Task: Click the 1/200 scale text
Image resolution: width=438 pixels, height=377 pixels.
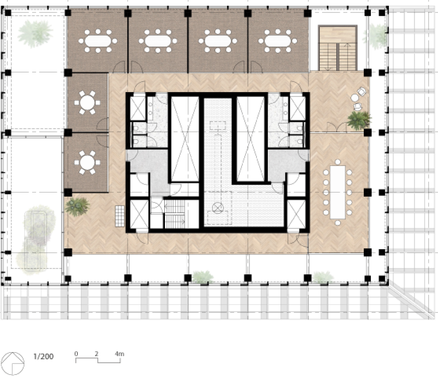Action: click(x=43, y=357)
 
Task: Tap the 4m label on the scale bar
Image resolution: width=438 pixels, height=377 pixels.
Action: click(x=119, y=354)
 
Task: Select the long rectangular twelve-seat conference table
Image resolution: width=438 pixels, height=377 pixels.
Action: click(x=338, y=192)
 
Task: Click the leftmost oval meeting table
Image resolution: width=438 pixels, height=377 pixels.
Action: click(x=98, y=41)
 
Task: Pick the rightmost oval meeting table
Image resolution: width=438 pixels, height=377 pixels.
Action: click(x=278, y=41)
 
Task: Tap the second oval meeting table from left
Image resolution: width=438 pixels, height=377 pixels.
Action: click(x=158, y=41)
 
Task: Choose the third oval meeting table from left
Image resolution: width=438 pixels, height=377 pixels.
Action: click(x=218, y=41)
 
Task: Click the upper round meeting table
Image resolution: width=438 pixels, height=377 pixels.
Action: click(x=87, y=103)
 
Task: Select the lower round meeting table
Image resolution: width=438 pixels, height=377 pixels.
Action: click(x=87, y=162)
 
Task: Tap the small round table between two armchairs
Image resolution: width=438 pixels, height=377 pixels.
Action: click(x=355, y=98)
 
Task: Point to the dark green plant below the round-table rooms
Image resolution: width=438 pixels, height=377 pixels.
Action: click(x=77, y=207)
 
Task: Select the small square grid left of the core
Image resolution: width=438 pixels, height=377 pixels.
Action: click(x=120, y=216)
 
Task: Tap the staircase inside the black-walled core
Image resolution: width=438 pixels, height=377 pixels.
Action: click(x=174, y=214)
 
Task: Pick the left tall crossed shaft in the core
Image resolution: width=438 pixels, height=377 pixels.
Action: click(x=185, y=139)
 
